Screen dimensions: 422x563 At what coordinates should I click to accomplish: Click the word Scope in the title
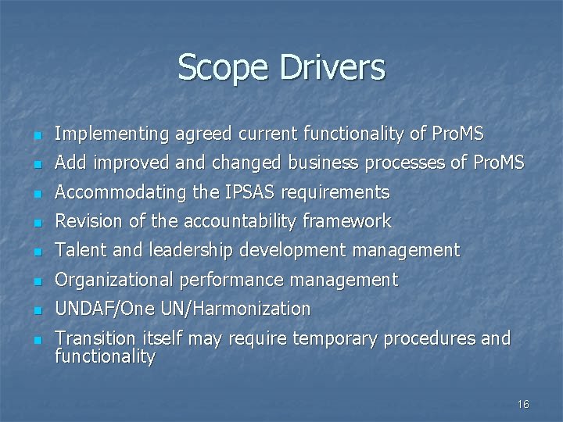221,67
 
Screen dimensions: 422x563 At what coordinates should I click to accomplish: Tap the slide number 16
523,404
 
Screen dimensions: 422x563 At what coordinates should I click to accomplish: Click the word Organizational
117,280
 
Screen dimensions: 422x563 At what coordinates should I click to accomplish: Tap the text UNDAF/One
105,309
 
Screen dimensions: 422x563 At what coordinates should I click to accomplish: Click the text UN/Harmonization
235,309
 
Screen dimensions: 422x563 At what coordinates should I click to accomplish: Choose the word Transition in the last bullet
93,338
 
